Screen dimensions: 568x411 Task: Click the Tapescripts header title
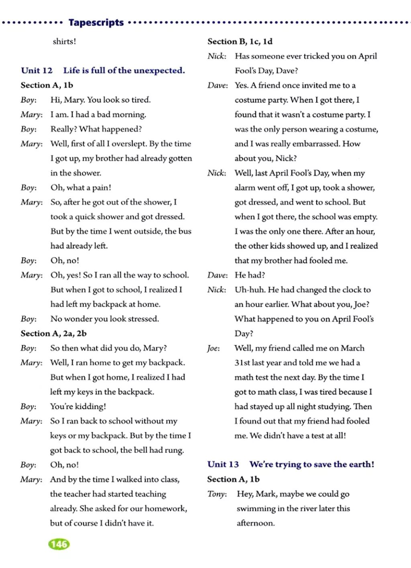(96, 22)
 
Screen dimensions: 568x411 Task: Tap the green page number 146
(59, 544)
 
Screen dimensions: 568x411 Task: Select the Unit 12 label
(37, 71)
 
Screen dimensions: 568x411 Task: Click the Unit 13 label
(223, 464)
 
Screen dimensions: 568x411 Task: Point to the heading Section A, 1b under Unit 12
(47, 85)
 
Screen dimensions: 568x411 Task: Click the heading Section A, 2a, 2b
(53, 333)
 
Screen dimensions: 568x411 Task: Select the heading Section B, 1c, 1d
(240, 41)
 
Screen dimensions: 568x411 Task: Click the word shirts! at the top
(64, 41)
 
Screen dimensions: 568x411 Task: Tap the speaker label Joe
(213, 348)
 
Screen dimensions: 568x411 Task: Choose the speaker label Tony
(217, 494)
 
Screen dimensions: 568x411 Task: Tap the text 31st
(242, 363)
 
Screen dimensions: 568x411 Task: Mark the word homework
(165, 509)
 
